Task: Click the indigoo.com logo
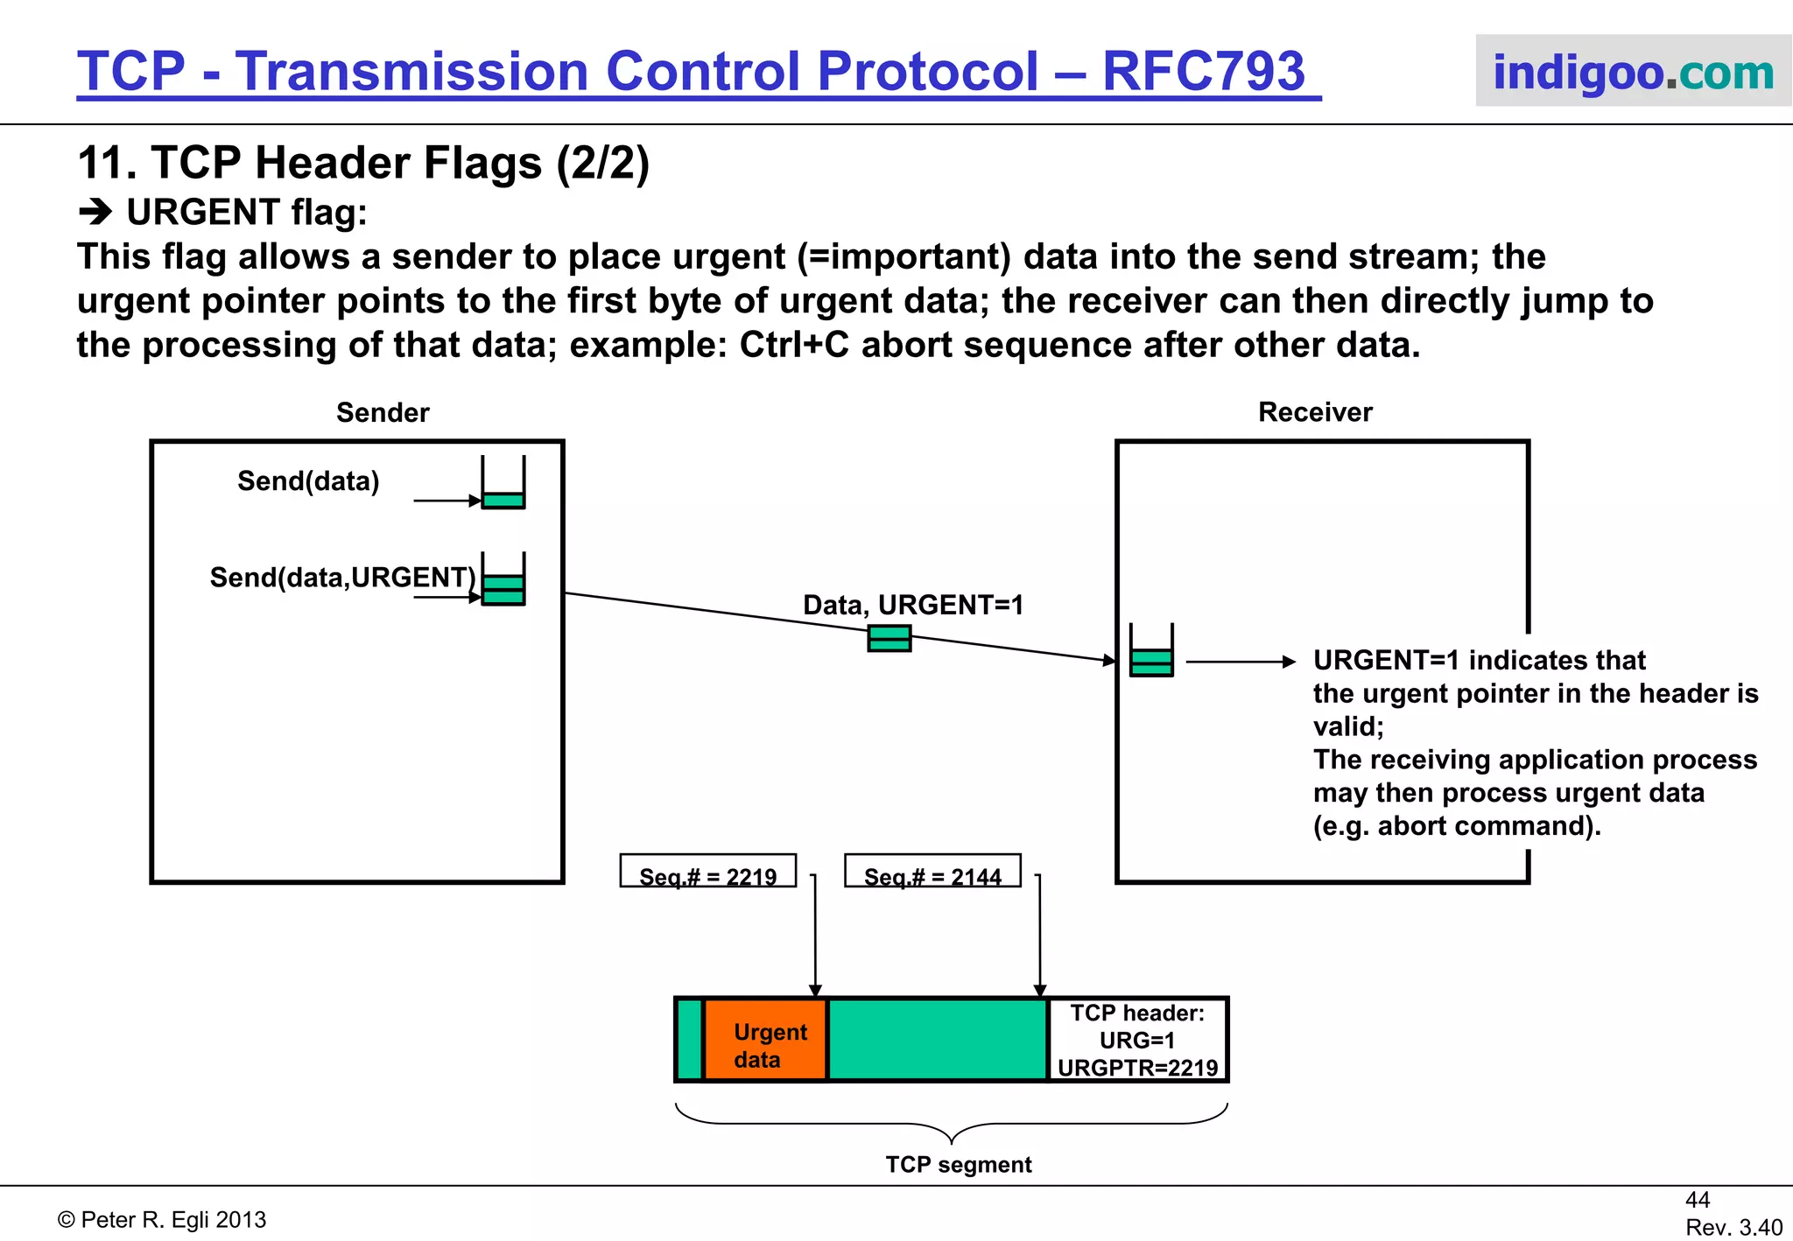pos(1633,72)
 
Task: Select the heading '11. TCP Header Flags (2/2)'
pos(363,163)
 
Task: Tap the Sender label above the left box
pos(383,412)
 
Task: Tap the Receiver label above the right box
pos(1315,412)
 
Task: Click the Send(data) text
pos(308,481)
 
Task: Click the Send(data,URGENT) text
pos(342,578)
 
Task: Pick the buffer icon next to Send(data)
pos(503,484)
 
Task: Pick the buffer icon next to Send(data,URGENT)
pos(503,580)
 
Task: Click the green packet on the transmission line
pos(889,639)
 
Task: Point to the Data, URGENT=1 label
pos(913,605)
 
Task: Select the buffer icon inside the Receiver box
pos(1151,652)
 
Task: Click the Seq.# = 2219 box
pos(708,872)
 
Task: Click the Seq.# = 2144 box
pos(932,872)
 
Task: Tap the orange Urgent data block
pos(766,1041)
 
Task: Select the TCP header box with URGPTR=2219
pos(1137,1041)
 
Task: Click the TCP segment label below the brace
pos(959,1165)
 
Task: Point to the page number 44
pos(1697,1200)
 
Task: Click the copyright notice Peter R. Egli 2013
pos(163,1220)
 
